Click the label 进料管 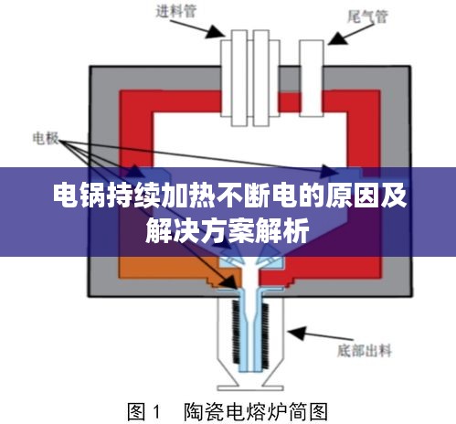point(176,11)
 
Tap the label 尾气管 point(367,16)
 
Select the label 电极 point(46,138)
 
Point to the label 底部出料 point(364,351)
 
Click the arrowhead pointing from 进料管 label point(216,31)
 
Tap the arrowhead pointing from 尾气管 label point(337,38)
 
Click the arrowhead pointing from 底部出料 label point(296,334)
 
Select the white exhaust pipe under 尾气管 point(311,79)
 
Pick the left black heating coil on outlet point(237,332)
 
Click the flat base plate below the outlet point(250,388)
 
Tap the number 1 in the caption point(156,412)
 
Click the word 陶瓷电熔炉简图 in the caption point(256,412)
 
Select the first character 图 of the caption point(136,412)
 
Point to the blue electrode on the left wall point(153,173)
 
